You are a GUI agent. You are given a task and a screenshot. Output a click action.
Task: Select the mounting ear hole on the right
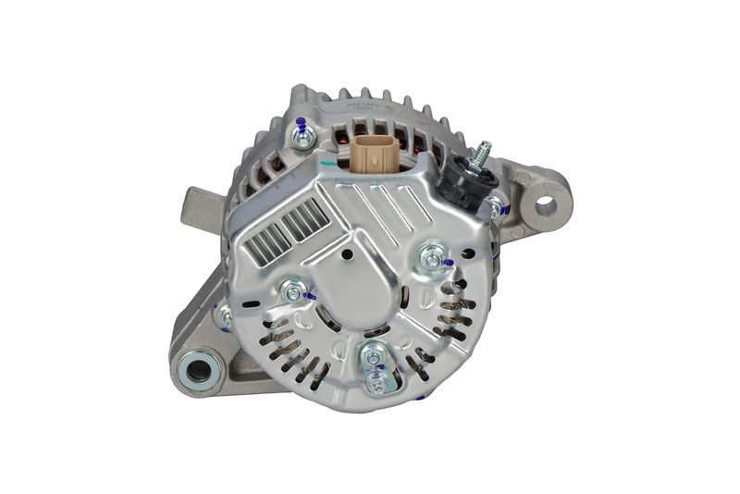(x=545, y=204)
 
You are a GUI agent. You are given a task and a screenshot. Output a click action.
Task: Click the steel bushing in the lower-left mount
(x=197, y=372)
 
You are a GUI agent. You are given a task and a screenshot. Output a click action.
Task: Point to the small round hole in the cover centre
(x=347, y=254)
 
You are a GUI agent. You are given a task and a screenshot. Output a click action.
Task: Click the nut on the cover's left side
(x=293, y=293)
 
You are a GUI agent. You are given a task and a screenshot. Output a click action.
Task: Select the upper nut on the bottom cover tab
(x=374, y=354)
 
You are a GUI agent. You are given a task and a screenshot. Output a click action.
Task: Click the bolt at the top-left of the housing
(x=302, y=137)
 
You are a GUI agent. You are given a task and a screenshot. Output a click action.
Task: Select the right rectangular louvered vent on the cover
(x=305, y=220)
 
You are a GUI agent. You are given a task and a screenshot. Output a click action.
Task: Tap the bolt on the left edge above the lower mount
(x=225, y=316)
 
